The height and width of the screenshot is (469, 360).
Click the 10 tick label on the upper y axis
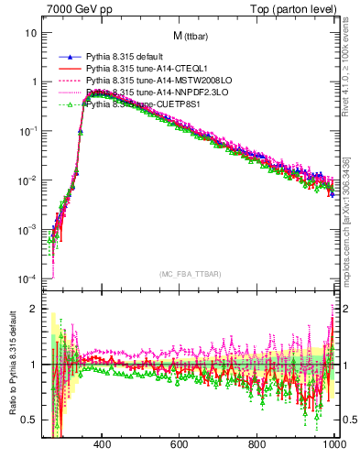(30, 33)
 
